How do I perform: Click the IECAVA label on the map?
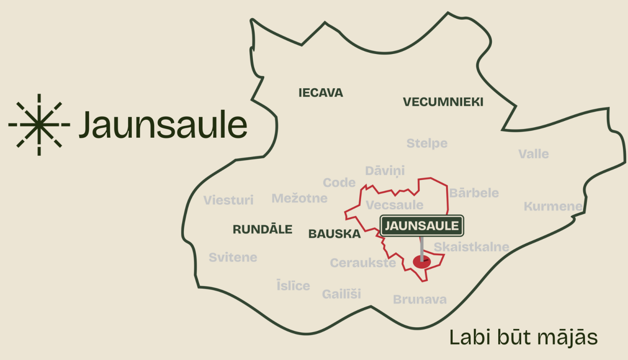click(321, 93)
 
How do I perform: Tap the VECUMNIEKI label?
click(443, 102)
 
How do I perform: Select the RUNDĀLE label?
click(263, 229)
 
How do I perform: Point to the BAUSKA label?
click(335, 234)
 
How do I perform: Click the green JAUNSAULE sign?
click(422, 226)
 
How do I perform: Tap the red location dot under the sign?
click(422, 262)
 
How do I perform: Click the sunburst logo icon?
click(39, 125)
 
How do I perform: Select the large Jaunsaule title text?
click(163, 125)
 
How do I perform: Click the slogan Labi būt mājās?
click(523, 337)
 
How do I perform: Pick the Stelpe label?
click(427, 143)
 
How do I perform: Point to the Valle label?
click(533, 154)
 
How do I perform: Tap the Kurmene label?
click(553, 206)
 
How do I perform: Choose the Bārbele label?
click(474, 193)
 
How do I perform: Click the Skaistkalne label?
click(471, 247)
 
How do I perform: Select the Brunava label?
click(420, 299)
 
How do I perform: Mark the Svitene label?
click(233, 257)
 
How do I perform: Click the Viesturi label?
click(229, 200)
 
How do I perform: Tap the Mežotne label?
click(299, 198)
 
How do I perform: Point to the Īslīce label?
click(293, 285)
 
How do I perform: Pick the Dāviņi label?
click(385, 171)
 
